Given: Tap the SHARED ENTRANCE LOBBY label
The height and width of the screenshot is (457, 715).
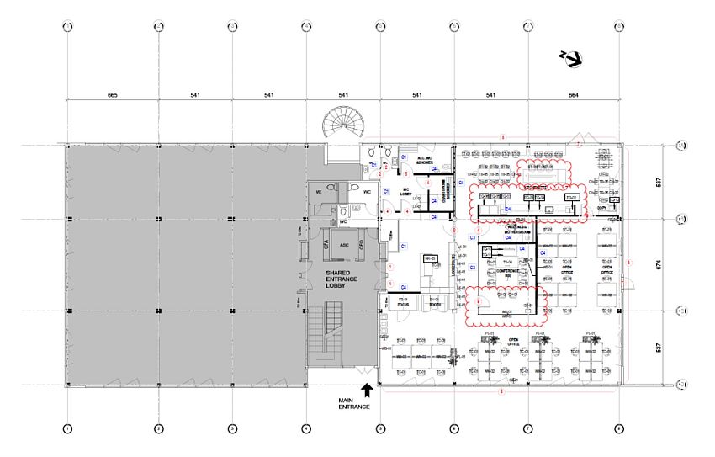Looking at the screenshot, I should click(x=319, y=279).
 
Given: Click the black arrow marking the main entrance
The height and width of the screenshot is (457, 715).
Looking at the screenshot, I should click(x=367, y=389).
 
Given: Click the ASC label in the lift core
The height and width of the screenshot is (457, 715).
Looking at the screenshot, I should click(x=344, y=246).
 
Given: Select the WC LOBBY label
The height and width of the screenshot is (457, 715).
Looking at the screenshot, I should click(x=406, y=191).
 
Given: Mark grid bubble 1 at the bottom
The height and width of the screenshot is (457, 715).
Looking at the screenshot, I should click(x=67, y=429).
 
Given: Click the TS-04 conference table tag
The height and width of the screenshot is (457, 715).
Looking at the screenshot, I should click(x=508, y=263).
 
